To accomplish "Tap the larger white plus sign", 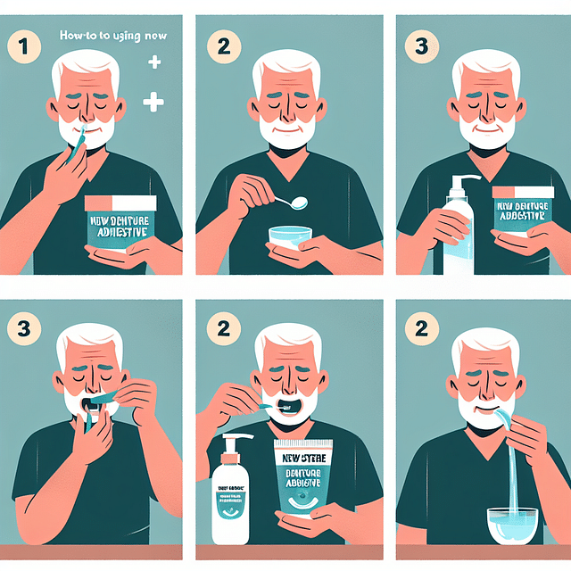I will [153, 103].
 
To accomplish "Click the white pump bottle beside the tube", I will [230, 495].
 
